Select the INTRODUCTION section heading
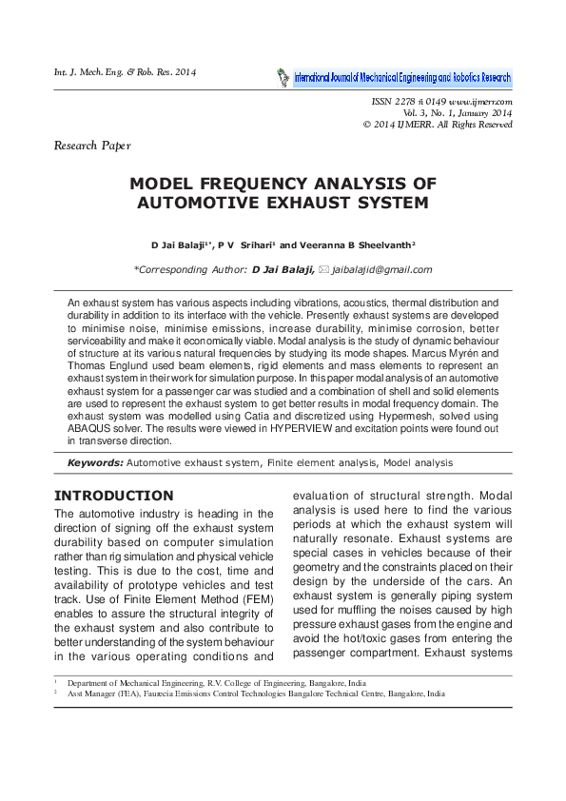point(114,496)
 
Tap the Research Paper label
point(92,146)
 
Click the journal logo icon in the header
point(282,77)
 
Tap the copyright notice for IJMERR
point(438,125)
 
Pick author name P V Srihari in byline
point(254,244)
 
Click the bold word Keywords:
point(95,463)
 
